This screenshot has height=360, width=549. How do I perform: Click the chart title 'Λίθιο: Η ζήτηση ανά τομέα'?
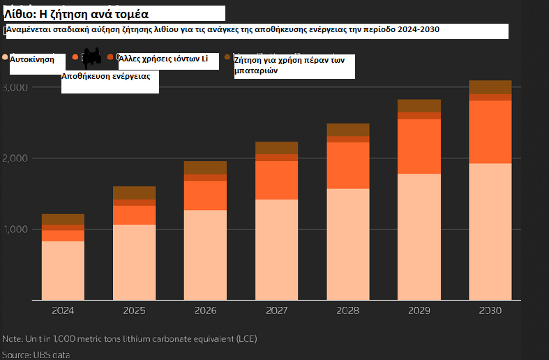click(x=77, y=14)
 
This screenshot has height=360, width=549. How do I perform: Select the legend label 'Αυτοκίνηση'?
click(x=32, y=60)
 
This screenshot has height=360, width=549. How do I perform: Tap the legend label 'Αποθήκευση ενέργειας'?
click(x=106, y=76)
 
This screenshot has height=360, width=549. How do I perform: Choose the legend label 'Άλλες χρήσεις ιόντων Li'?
click(x=164, y=59)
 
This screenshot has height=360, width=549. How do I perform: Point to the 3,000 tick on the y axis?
click(x=15, y=87)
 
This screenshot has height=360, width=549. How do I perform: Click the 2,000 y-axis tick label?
click(x=15, y=158)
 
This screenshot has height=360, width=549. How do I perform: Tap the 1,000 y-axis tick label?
click(x=15, y=230)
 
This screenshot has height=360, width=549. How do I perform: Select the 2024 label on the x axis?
click(x=63, y=310)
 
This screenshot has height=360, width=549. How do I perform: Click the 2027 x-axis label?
click(x=276, y=310)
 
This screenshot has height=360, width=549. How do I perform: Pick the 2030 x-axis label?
click(x=490, y=310)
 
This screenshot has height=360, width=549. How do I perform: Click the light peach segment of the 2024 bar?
click(x=63, y=271)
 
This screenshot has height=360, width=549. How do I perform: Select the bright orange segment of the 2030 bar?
click(x=490, y=132)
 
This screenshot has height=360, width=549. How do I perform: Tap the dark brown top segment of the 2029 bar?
click(x=419, y=105)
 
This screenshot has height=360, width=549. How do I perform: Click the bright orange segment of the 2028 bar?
click(x=347, y=165)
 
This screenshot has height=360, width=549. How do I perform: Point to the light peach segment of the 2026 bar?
click(x=205, y=255)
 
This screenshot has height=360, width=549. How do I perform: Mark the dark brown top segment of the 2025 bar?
click(x=134, y=193)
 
